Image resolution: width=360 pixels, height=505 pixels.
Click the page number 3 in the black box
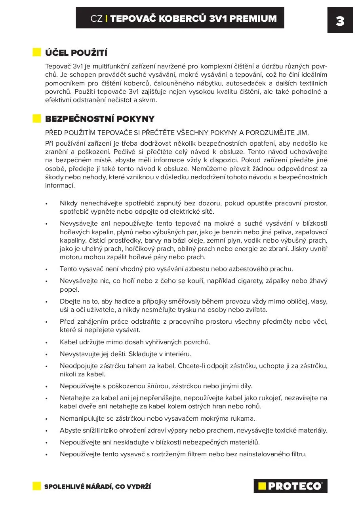point(340,21)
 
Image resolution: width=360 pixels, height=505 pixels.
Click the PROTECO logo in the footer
point(290,486)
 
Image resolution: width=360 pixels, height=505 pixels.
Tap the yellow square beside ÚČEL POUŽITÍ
point(37,53)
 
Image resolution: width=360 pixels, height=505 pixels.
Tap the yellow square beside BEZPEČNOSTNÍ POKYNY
point(37,119)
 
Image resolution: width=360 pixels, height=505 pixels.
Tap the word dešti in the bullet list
point(104,354)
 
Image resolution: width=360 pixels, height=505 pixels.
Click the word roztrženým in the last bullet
point(174,454)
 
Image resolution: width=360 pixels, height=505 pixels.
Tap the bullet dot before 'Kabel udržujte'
point(47,342)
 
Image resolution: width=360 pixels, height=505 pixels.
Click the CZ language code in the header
point(96,19)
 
